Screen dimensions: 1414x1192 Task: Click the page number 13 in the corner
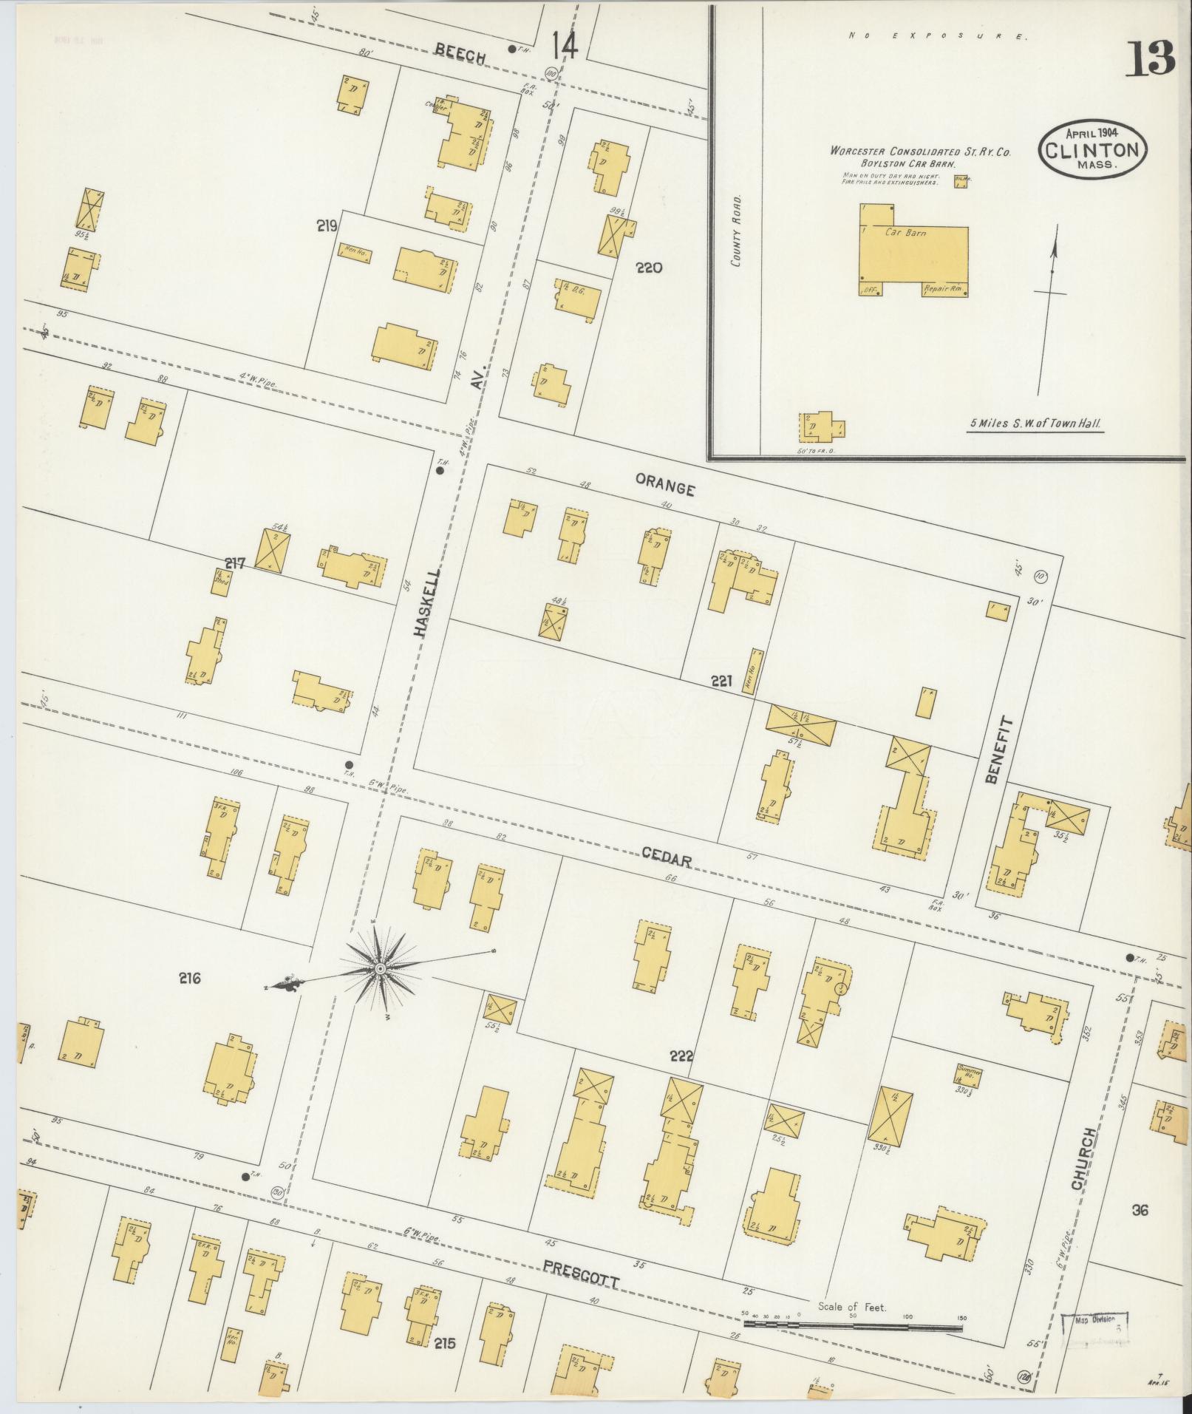point(1150,60)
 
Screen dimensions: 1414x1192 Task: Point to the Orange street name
point(665,489)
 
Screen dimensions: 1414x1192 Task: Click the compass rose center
point(379,968)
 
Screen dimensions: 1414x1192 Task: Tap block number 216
point(189,979)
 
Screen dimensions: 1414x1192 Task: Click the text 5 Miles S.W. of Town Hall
point(1036,424)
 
